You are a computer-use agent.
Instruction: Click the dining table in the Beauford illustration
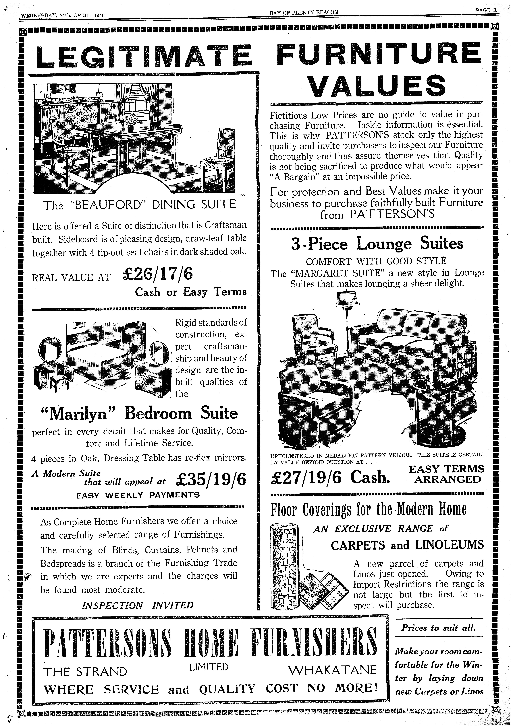[x=133, y=133]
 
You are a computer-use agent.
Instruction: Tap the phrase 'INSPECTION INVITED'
[x=137, y=605]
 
